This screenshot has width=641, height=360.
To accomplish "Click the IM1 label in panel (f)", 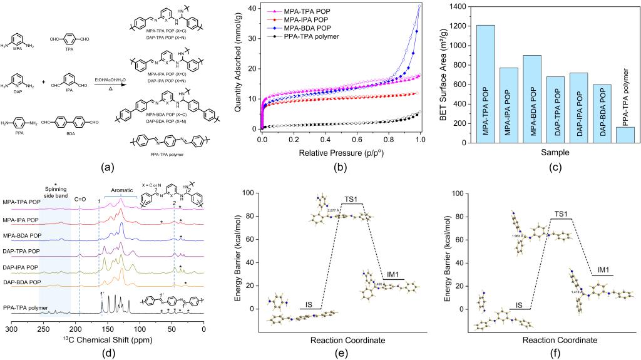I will (x=603, y=270).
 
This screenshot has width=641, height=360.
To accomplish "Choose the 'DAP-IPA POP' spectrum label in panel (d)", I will (x=22, y=267).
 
